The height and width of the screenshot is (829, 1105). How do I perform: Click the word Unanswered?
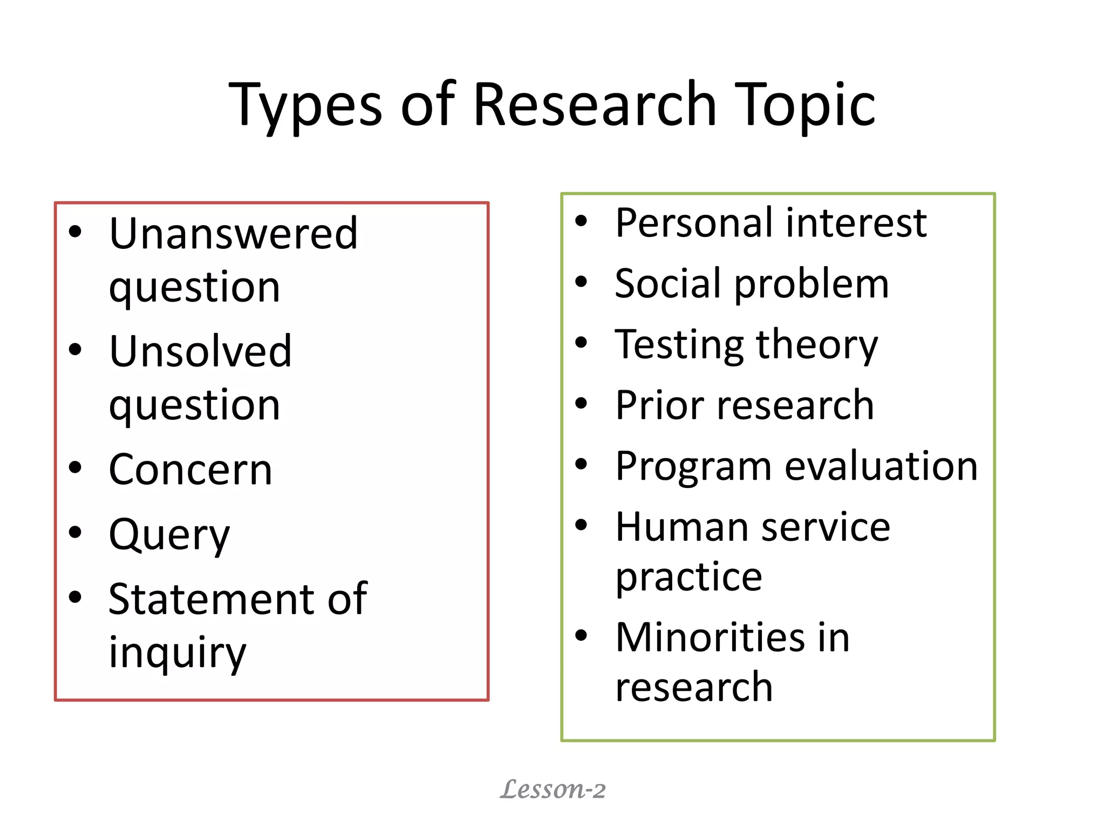pos(234,233)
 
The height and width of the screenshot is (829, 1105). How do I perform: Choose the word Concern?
pos(190,470)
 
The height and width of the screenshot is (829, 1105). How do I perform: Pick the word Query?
pos(169,534)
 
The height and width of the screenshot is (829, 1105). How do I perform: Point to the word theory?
pos(817,344)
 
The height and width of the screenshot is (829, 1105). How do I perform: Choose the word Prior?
pos(659,405)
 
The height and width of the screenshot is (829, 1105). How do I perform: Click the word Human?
pos(682,527)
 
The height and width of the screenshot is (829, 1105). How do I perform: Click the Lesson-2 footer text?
pos(552,789)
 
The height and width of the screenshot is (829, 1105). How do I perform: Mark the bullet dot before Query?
pos(75,532)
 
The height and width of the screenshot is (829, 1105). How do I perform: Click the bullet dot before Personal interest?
pos(581,221)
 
